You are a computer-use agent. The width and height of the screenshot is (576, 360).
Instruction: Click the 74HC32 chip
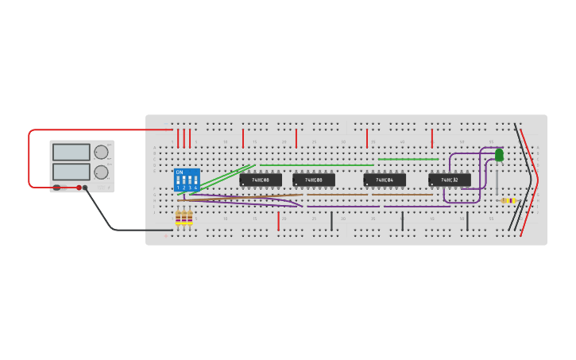point(449,180)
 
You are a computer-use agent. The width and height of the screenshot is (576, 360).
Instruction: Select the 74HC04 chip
point(385,180)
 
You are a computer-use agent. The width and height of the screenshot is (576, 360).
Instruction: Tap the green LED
point(499,155)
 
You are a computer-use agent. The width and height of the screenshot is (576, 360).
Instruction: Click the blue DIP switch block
point(187,180)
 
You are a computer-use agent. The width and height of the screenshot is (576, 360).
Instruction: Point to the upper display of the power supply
point(72,152)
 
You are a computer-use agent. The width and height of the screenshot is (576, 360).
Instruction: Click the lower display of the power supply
point(72,171)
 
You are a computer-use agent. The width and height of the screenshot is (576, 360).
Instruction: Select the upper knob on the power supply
point(101,152)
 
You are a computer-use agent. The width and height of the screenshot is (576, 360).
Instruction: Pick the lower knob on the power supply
point(101,172)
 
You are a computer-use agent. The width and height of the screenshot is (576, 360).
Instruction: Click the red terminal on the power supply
point(79,188)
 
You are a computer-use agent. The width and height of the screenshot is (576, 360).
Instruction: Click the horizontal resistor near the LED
point(508,200)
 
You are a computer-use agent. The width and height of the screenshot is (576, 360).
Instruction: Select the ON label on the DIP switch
point(180,172)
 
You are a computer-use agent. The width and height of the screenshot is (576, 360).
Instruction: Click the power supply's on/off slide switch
point(56,188)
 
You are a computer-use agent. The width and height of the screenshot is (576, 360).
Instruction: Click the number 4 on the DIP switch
point(195,188)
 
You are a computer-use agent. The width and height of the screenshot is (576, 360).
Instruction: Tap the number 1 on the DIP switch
point(178,188)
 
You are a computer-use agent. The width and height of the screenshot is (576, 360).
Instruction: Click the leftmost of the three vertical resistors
point(179,216)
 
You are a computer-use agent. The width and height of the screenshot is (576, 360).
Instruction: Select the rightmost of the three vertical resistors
point(190,216)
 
